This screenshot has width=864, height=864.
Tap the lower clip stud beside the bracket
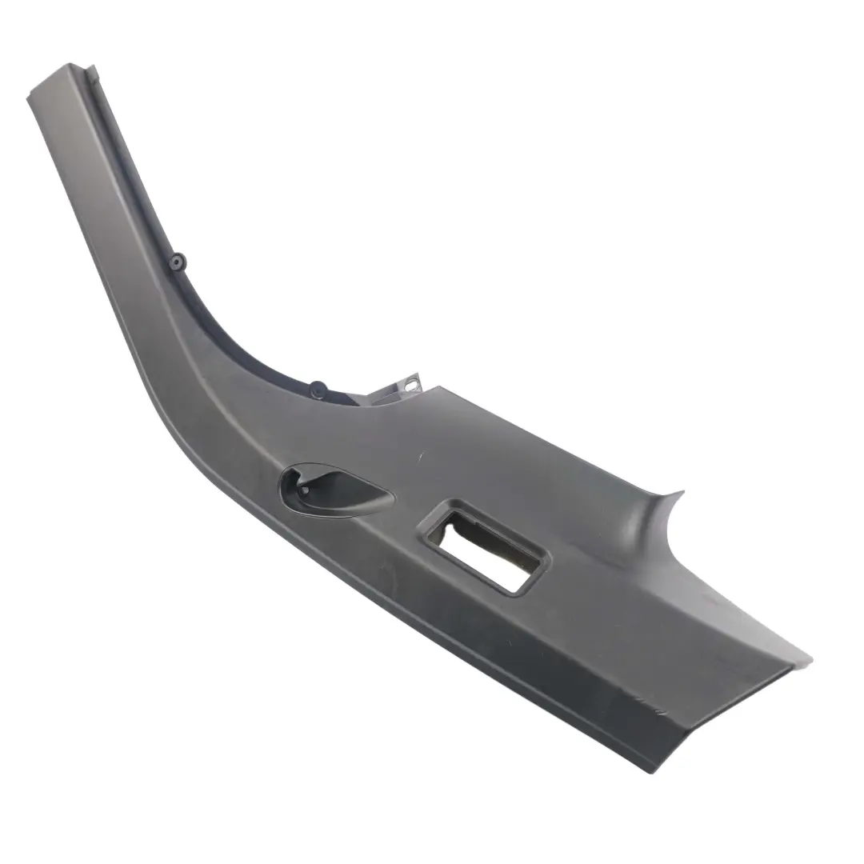point(318,387)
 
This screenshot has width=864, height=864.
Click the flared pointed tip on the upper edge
point(682,492)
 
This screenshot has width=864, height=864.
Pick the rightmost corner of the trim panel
point(811,662)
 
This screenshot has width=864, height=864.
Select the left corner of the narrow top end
point(30,99)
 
